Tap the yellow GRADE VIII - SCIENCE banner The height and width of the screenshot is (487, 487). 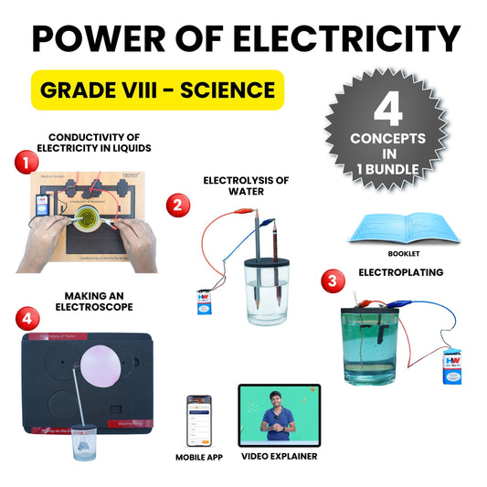(156, 90)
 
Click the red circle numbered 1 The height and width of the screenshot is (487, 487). (27, 162)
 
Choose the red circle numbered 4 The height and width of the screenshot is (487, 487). (27, 317)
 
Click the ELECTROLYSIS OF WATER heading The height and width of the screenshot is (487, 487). (246, 186)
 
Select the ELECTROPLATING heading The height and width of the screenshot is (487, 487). (402, 272)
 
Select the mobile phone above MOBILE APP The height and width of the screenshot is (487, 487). (199, 420)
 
